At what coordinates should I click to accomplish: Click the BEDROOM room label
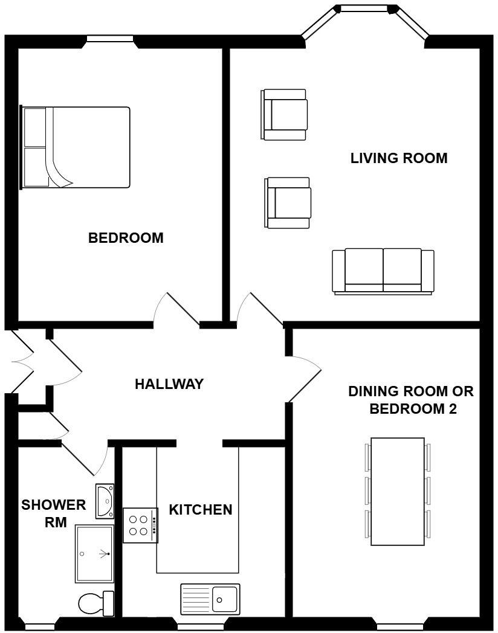(x=126, y=238)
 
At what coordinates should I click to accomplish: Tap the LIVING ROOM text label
(x=399, y=158)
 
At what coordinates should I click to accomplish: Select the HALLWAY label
(x=169, y=384)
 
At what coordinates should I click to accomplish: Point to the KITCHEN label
(x=200, y=510)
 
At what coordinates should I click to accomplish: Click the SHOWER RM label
(x=54, y=513)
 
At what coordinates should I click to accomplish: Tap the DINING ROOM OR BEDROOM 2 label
(x=411, y=400)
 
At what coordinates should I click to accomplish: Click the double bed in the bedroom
(x=76, y=147)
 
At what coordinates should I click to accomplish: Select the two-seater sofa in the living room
(x=383, y=271)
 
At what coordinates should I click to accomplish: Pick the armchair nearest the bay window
(x=284, y=114)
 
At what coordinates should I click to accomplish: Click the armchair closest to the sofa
(x=288, y=203)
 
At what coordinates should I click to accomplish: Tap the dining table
(x=397, y=491)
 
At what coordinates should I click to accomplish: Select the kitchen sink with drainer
(x=210, y=599)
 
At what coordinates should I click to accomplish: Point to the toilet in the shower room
(x=96, y=603)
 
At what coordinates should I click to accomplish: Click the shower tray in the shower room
(x=94, y=553)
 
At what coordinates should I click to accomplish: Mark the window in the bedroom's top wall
(x=109, y=39)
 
